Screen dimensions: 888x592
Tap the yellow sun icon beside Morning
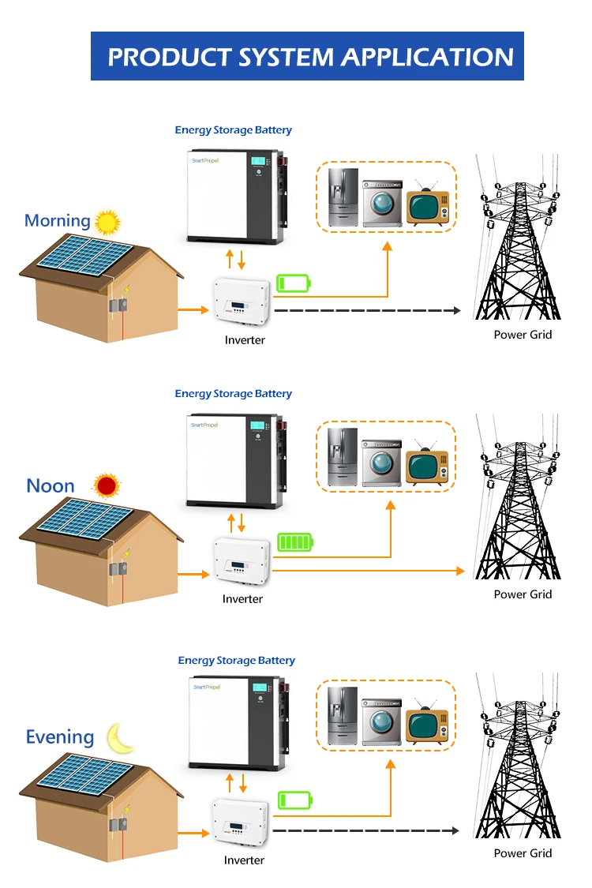pos(107,222)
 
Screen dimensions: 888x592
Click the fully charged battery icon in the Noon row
pos(294,542)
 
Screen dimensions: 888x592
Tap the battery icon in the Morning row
pos(293,283)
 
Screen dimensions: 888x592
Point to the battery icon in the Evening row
pos(294,800)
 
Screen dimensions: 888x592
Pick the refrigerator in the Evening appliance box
pos(343,718)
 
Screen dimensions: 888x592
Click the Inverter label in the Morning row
pos(245,340)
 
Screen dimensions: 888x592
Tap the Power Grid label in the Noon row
pos(523,594)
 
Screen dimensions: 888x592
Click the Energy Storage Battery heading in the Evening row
pos(236,661)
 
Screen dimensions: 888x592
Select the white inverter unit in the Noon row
pos(242,562)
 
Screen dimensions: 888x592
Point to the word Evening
pos(60,737)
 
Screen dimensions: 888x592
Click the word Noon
pos(51,485)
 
